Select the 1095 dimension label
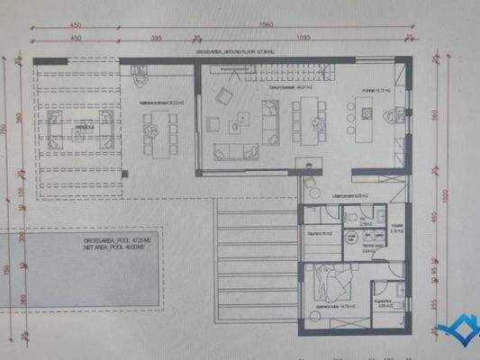pyautogui.click(x=303, y=39)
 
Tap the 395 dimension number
pyautogui.click(x=156, y=39)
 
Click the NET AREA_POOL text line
pyautogui.click(x=118, y=248)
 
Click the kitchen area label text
pyautogui.click(x=371, y=89)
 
